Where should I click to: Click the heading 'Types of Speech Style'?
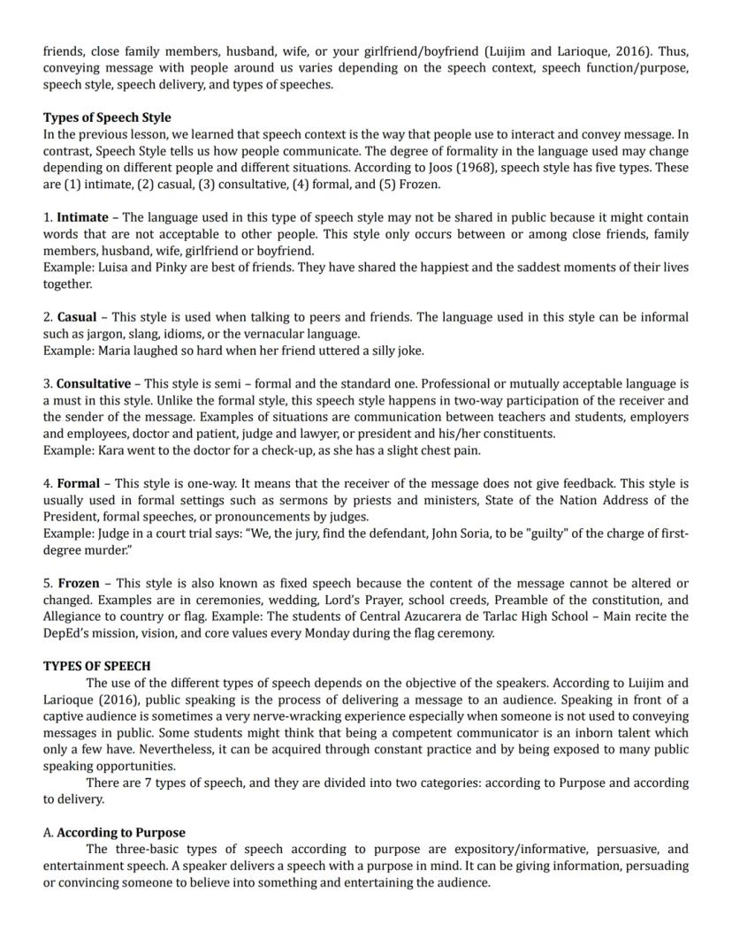coord(107,117)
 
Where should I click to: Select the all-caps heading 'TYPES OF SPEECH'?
coord(96,666)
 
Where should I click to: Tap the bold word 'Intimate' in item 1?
coord(82,217)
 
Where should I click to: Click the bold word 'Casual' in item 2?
coord(77,317)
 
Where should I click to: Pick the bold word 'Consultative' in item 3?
coord(93,384)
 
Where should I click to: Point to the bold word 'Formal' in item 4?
coord(78,484)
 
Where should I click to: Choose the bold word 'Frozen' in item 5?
coord(79,584)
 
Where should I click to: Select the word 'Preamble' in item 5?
coord(499,601)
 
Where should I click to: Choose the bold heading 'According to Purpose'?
coord(121,833)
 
